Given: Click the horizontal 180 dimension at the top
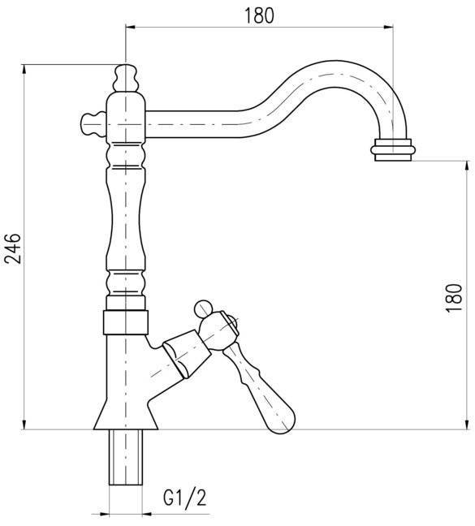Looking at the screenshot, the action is pyautogui.click(x=259, y=16).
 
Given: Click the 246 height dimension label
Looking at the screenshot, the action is pyautogui.click(x=14, y=248).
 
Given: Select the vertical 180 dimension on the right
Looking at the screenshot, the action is pyautogui.click(x=454, y=297).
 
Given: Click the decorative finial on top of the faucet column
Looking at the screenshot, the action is pyautogui.click(x=126, y=78).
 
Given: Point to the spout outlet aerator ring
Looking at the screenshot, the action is pyautogui.click(x=393, y=149).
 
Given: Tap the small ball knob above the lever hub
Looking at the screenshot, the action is pyautogui.click(x=203, y=308).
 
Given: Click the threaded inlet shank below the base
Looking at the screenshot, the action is pyautogui.click(x=126, y=457).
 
